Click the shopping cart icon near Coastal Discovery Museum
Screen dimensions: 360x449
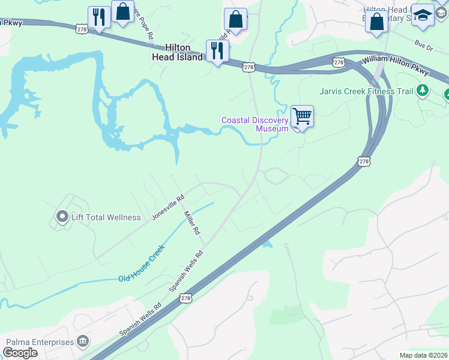pos(302,116)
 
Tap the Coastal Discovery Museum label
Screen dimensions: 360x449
pos(255,124)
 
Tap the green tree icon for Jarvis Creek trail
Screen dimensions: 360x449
pos(423,91)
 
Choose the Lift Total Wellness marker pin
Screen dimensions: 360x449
pos(62,217)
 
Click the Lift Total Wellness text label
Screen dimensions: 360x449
pos(106,217)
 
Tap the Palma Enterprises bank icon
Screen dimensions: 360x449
pos(83,342)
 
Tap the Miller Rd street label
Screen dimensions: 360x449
pos(192,223)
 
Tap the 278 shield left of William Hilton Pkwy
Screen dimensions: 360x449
pos(339,62)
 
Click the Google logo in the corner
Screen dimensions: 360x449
pos(20,353)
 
